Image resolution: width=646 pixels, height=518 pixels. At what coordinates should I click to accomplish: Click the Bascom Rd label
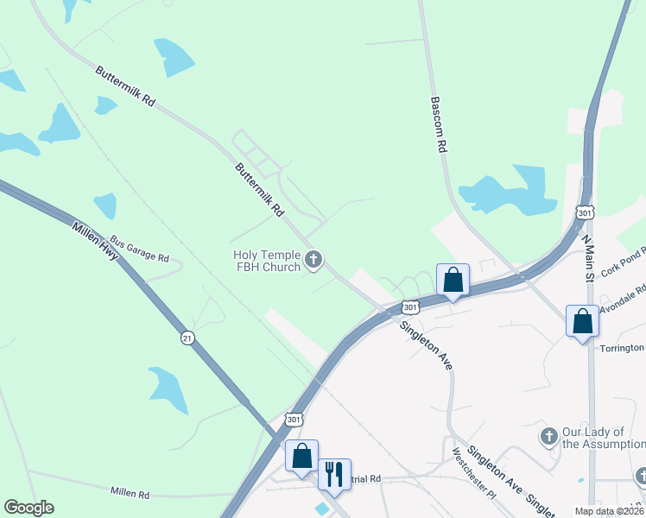click(438, 125)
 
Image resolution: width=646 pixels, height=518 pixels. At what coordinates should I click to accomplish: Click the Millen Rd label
click(130, 493)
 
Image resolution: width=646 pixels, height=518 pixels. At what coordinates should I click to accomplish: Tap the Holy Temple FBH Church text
click(266, 261)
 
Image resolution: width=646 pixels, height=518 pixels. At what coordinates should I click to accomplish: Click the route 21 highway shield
click(187, 338)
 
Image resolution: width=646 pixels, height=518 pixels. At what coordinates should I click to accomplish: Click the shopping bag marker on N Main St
click(583, 321)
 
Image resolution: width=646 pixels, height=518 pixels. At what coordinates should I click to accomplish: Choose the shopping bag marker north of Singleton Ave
click(453, 280)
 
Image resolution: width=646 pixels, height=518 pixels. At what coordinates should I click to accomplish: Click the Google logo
click(28, 508)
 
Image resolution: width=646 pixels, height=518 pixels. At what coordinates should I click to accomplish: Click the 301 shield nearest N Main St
click(585, 212)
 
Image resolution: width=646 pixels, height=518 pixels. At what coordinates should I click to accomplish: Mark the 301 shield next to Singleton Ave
click(410, 306)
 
